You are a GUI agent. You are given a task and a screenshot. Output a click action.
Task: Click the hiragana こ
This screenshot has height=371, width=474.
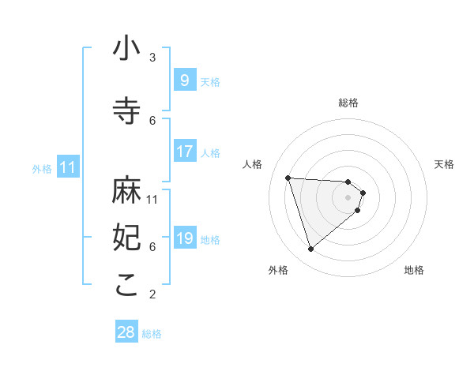[x=127, y=286]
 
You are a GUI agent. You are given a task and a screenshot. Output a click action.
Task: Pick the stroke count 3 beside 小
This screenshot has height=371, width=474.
[x=152, y=57]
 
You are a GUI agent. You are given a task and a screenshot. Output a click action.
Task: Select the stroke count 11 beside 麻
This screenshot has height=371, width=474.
[x=153, y=199]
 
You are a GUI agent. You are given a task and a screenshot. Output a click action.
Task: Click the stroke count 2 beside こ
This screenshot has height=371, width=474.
[x=152, y=294]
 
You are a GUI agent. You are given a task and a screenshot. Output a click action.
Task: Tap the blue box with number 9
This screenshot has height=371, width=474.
[x=184, y=81]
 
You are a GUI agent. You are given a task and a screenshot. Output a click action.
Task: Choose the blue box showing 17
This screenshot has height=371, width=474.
[x=184, y=152]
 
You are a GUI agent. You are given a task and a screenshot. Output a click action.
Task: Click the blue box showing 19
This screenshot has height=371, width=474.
[x=184, y=238]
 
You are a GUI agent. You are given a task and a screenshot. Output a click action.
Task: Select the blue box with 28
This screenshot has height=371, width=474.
[x=126, y=332]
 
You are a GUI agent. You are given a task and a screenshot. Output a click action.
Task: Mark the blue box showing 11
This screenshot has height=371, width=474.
[x=67, y=167]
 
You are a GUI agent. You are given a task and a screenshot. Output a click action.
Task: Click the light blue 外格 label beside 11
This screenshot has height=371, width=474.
[x=42, y=168]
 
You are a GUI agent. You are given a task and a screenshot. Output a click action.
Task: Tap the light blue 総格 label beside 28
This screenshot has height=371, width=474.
[x=152, y=334]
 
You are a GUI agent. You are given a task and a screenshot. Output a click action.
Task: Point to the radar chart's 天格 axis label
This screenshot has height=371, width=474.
[x=444, y=164]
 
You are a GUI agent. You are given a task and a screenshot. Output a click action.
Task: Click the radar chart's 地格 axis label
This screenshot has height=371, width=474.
[x=414, y=270]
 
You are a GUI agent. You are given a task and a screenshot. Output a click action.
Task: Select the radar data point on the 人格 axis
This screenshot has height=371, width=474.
[x=288, y=178]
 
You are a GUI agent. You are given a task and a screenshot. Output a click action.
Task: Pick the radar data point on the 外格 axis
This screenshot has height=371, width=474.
[x=310, y=249]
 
